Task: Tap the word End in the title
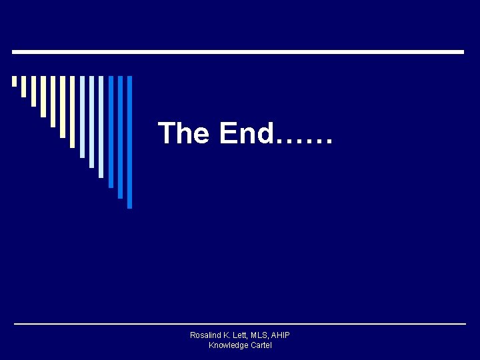[x=245, y=133]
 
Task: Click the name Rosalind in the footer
[x=205, y=335]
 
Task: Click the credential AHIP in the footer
[x=281, y=335]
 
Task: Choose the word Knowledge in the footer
[x=229, y=345]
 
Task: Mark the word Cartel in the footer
[x=261, y=345]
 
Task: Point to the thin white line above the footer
[x=240, y=324]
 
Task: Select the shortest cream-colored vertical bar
[x=14, y=81]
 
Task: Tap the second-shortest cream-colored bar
[x=23, y=86]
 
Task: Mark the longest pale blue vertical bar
[x=101, y=126]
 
